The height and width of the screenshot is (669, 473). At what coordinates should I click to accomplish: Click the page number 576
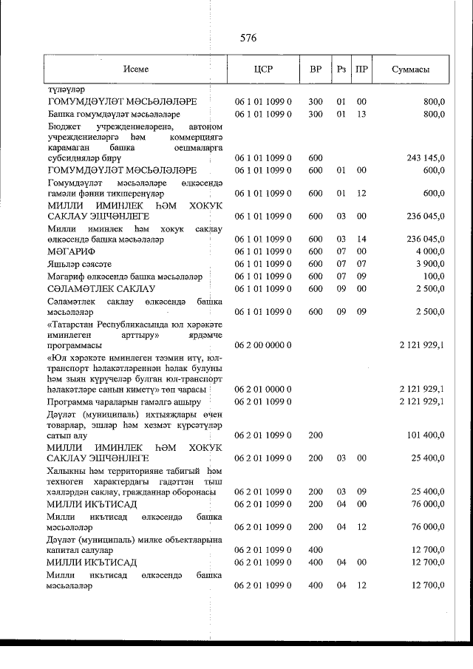[248, 38]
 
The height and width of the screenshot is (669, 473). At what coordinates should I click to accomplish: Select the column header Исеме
[137, 69]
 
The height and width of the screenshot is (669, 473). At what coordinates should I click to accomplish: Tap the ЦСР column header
[262, 69]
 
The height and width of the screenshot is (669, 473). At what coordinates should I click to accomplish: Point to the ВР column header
[316, 69]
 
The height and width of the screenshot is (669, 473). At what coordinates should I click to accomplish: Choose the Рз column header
[341, 69]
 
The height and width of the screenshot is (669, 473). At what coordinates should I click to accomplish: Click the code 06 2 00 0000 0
[263, 344]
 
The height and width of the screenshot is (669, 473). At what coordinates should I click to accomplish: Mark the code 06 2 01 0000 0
[263, 389]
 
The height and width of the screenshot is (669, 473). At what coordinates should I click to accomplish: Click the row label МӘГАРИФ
[71, 251]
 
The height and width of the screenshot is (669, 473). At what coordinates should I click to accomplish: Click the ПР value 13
[361, 115]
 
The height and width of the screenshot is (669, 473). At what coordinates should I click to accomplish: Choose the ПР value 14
[361, 240]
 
